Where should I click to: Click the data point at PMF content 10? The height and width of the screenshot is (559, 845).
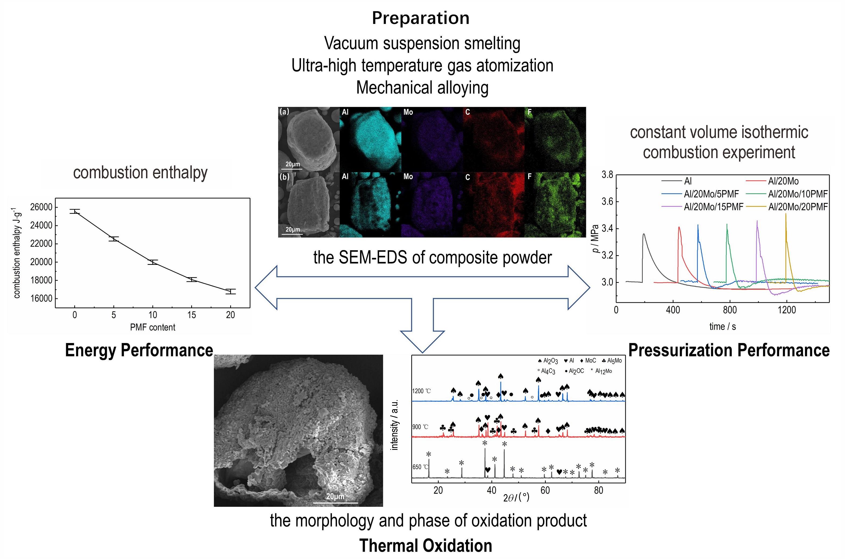pyautogui.click(x=152, y=262)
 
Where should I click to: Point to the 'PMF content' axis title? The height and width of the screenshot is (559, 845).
pyautogui.click(x=152, y=327)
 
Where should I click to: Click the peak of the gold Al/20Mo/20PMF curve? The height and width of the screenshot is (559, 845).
pyautogui.click(x=786, y=214)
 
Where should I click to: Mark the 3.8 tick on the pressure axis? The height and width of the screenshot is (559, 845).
pyautogui.click(x=608, y=175)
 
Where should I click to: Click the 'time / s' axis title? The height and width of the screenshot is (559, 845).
pyautogui.click(x=722, y=327)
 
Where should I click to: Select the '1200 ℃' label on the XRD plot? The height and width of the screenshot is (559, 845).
pyautogui.click(x=421, y=391)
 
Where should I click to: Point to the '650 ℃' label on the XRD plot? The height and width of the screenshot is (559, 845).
pyautogui.click(x=420, y=467)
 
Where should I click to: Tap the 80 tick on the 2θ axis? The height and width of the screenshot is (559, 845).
pyautogui.click(x=599, y=490)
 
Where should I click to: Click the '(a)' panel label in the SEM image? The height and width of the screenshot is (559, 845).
pyautogui.click(x=284, y=112)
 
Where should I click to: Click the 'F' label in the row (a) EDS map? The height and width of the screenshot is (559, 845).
pyautogui.click(x=530, y=112)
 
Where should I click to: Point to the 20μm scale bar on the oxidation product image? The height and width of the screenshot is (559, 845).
pyautogui.click(x=336, y=503)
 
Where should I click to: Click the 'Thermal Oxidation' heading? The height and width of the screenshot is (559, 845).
pyautogui.click(x=426, y=546)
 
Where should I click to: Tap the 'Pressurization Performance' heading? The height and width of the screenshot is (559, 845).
pyautogui.click(x=729, y=350)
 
